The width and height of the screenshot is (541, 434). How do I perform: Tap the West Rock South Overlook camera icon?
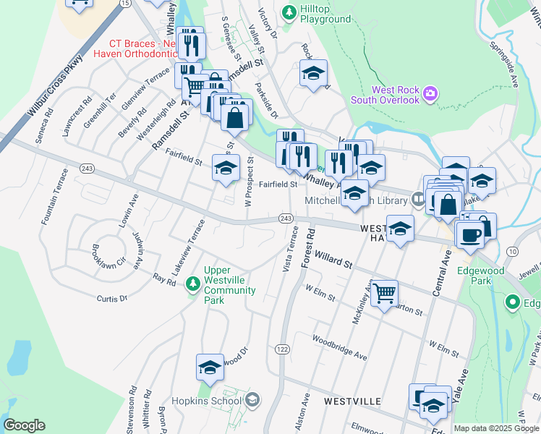click(431, 93)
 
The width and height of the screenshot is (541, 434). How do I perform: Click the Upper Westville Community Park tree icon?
click(192, 282)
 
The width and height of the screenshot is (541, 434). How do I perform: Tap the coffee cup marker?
click(469, 234)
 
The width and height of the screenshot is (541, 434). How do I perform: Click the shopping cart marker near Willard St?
click(385, 293)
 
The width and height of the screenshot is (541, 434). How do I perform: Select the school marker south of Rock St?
click(313, 73)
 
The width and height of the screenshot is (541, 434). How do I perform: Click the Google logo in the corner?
click(25, 425)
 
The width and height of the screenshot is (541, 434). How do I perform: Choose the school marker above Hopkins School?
click(210, 367)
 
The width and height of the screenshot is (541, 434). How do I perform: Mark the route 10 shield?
click(512, 251)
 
